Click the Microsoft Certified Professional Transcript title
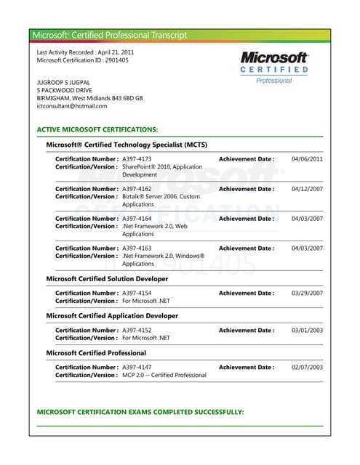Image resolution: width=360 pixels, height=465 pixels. (x=109, y=35)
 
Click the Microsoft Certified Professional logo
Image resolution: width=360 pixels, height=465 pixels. (x=274, y=67)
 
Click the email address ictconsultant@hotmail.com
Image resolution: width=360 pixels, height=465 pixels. (x=71, y=106)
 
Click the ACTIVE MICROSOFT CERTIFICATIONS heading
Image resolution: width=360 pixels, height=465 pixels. (x=97, y=129)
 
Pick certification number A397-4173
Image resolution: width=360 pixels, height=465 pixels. (x=137, y=158)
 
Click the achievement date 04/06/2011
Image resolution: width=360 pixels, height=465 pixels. (x=307, y=158)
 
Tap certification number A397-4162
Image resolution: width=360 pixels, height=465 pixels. (x=137, y=189)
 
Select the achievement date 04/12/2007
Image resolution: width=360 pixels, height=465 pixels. (x=307, y=189)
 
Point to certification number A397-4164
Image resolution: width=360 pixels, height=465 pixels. (x=137, y=219)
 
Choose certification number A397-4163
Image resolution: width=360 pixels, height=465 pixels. (x=137, y=248)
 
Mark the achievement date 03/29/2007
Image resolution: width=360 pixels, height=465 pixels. (x=307, y=294)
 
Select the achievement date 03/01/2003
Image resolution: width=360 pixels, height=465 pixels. (x=307, y=331)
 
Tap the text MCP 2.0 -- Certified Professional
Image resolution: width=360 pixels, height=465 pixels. (x=164, y=376)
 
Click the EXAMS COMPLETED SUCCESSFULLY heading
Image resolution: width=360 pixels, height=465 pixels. (x=140, y=412)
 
